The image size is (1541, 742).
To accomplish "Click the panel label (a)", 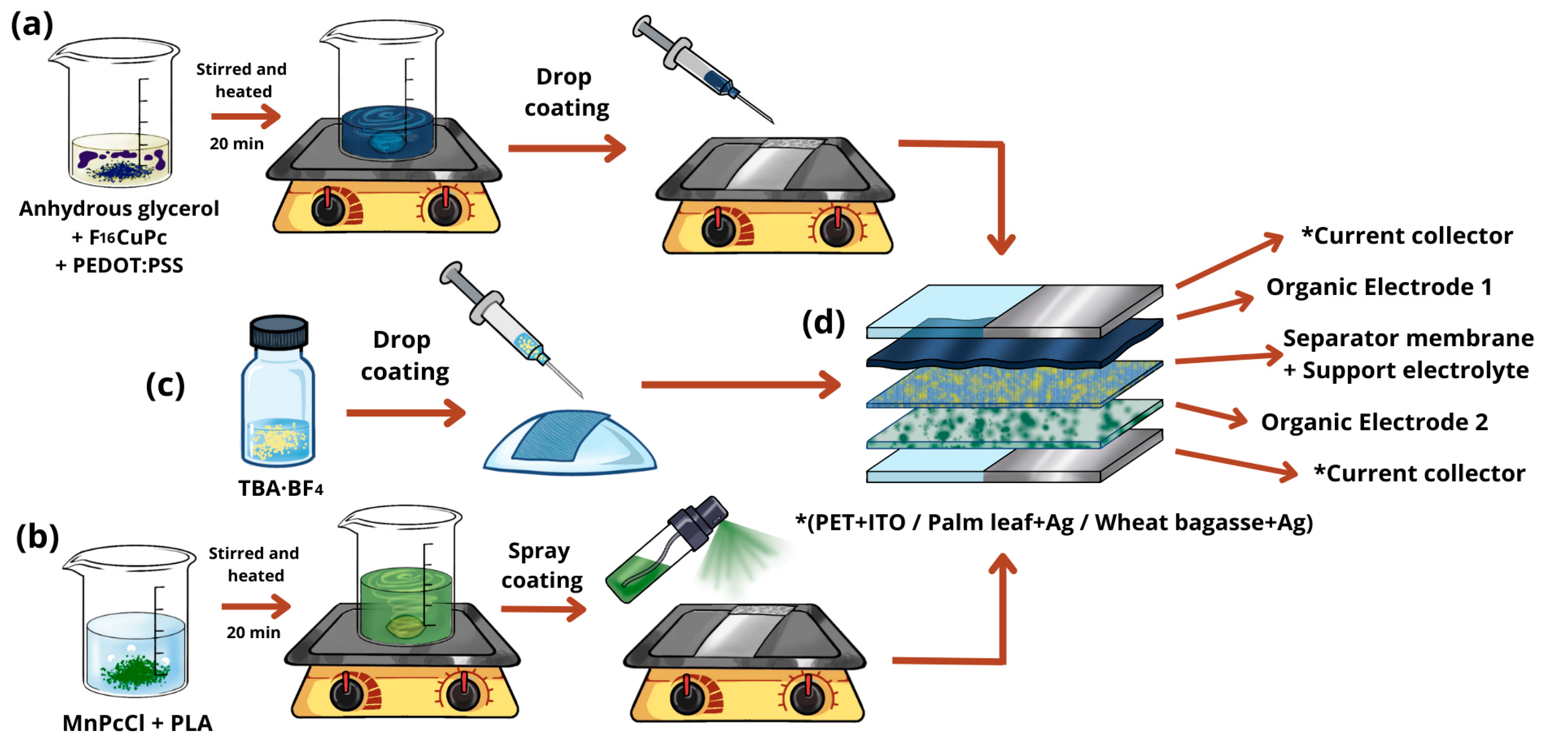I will pyautogui.click(x=33, y=25).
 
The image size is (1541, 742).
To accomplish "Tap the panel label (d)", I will pyautogui.click(x=823, y=323).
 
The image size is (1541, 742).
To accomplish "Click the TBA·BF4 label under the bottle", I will pyautogui.click(x=280, y=488).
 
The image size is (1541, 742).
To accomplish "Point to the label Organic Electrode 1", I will pyautogui.click(x=1378, y=287).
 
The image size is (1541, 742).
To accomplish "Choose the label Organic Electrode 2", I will pyautogui.click(x=1374, y=422).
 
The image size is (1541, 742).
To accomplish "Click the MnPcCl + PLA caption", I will pyautogui.click(x=138, y=723).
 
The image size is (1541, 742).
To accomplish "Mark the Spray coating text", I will pyautogui.click(x=541, y=565).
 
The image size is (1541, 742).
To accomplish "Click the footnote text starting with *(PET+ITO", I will pyautogui.click(x=1053, y=522).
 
